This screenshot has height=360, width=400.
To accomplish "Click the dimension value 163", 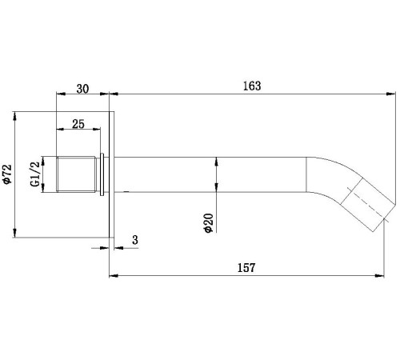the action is pyautogui.click(x=252, y=86).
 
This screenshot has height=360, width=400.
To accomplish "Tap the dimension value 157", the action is pyautogui.click(x=246, y=267).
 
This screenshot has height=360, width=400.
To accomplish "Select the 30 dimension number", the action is pyautogui.click(x=82, y=89).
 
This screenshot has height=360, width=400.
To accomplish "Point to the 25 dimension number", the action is pyautogui.click(x=78, y=124).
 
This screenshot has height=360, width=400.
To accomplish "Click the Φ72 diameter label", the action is pyautogui.click(x=7, y=174).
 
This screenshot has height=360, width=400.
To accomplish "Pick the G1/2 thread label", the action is pyautogui.click(x=35, y=174).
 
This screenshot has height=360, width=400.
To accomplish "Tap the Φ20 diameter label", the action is pyautogui.click(x=209, y=223).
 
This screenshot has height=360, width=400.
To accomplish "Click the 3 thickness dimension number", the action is pyautogui.click(x=135, y=240).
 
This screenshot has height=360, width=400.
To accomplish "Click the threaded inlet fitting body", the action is pyautogui.click(x=76, y=174).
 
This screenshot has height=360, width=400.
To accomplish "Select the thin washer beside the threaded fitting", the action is pyautogui.click(x=102, y=174).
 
